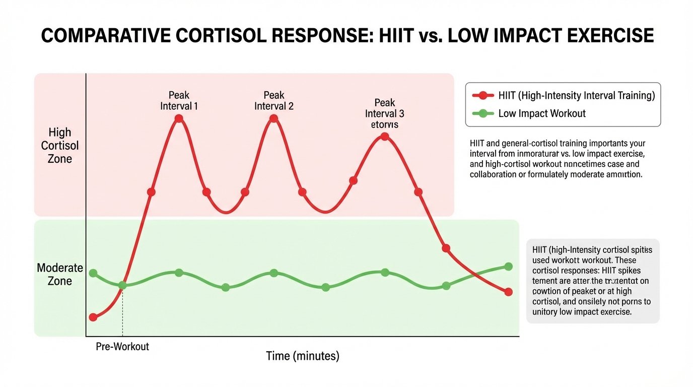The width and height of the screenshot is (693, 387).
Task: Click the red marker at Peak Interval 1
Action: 179,119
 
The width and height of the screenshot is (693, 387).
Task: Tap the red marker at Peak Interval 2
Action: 273,119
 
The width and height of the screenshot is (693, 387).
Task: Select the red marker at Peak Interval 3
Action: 385,137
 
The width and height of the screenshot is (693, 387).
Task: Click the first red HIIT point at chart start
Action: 93,317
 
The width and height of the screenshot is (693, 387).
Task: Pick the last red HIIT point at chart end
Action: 508,292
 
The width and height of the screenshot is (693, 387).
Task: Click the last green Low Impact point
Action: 508,267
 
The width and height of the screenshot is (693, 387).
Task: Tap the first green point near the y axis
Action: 93,273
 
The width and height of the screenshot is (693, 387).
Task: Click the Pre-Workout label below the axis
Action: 122,347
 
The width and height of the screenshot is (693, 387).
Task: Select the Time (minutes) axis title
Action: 302,356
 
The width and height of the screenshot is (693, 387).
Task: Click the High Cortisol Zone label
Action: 60,146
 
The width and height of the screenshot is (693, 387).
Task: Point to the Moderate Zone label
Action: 60,274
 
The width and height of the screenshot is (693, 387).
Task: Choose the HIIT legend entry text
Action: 577,96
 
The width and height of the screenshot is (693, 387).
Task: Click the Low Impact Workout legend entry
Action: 542,113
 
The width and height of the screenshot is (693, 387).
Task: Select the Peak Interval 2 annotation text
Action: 273,101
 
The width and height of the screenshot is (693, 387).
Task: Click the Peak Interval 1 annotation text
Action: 179,101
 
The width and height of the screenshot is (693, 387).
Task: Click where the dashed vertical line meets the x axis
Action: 122,336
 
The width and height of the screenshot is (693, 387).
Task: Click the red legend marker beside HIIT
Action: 483,96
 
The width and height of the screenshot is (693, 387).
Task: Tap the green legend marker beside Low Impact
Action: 483,113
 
